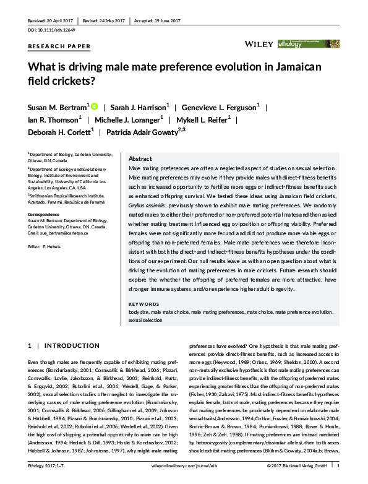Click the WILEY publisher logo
point(256,44)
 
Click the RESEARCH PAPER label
point(59,46)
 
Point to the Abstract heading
point(140,158)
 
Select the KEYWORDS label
point(143,305)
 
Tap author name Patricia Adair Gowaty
point(143,132)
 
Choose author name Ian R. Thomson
point(53,119)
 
